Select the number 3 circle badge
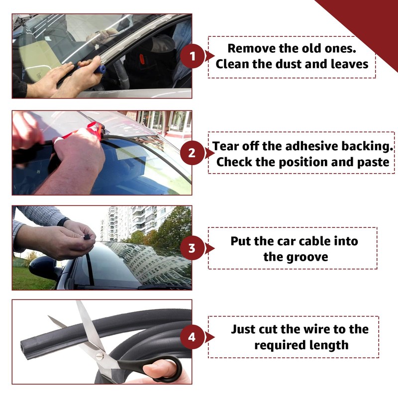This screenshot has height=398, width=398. click(192, 247)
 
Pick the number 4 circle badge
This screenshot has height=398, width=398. click(192, 337)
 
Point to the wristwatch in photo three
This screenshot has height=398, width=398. click(63, 222)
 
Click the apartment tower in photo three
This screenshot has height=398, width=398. click(119, 221)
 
